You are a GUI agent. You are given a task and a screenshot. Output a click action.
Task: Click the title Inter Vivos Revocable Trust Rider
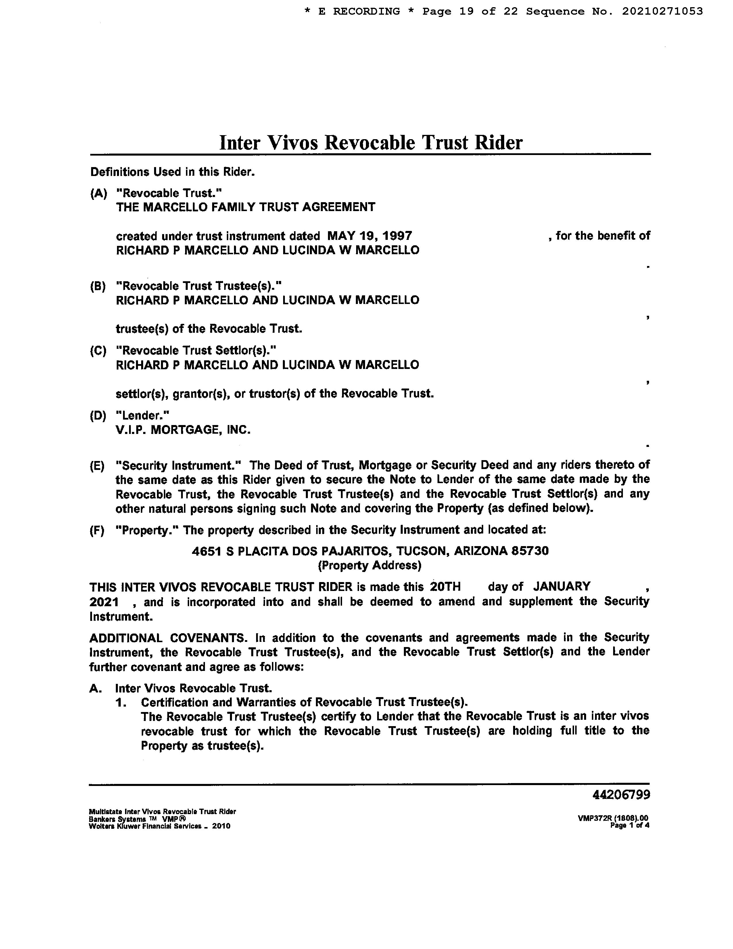tap(371, 143)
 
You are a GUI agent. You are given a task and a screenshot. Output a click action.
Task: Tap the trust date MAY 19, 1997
tap(370, 236)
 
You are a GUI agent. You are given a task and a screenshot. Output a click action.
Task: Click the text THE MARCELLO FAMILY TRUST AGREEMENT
tap(245, 207)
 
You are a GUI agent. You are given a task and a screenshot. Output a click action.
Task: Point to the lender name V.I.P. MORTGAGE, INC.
tap(183, 430)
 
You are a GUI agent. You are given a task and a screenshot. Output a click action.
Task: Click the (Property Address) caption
tap(370, 565)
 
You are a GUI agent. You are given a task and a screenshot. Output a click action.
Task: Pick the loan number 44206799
tap(621, 795)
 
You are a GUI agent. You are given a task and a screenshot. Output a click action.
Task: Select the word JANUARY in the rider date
tap(561, 587)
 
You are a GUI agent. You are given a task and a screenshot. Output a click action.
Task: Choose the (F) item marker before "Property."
tap(97, 531)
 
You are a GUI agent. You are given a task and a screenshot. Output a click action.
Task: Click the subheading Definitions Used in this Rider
tap(172, 172)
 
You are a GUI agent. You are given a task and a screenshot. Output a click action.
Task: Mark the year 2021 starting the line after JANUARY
tap(104, 602)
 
